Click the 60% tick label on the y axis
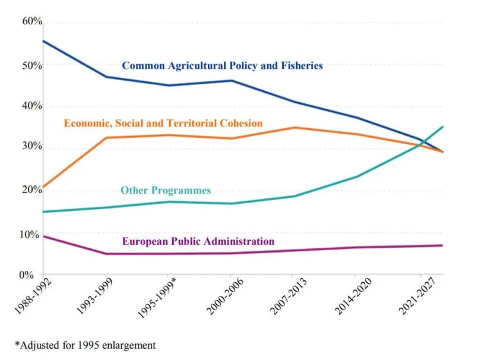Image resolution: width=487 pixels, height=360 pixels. coord(32,21)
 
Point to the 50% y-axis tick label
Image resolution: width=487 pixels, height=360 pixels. coord(32,65)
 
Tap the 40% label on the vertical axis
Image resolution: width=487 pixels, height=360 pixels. coord(32,106)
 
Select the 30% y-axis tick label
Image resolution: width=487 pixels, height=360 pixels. coord(32,146)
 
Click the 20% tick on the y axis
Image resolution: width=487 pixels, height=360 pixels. coord(32,190)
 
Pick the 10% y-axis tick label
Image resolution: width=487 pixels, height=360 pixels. coord(32,234)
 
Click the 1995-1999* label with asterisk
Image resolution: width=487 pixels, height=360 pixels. coord(150,299)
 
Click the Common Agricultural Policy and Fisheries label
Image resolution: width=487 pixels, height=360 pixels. coord(222,66)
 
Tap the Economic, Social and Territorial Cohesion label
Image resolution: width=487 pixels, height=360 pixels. coord(163,124)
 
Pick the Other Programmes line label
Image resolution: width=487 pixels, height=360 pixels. coord(166,191)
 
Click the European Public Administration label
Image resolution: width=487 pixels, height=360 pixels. coord(198,241)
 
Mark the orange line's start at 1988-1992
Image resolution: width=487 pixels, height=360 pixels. coord(43,187)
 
